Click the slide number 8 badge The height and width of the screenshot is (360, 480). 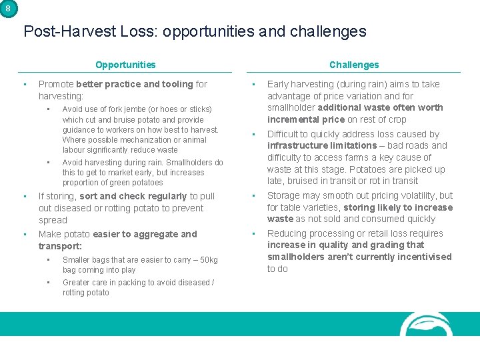7,8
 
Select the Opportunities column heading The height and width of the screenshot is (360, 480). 125,65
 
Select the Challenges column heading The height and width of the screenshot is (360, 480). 354,65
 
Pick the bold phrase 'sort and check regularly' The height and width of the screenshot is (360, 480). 133,196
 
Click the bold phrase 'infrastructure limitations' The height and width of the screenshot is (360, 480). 322,145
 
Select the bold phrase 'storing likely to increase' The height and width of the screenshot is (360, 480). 398,207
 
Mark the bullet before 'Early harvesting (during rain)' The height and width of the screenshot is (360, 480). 253,85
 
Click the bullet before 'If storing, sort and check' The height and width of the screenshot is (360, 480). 25,196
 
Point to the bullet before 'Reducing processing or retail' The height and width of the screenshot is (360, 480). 253,234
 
